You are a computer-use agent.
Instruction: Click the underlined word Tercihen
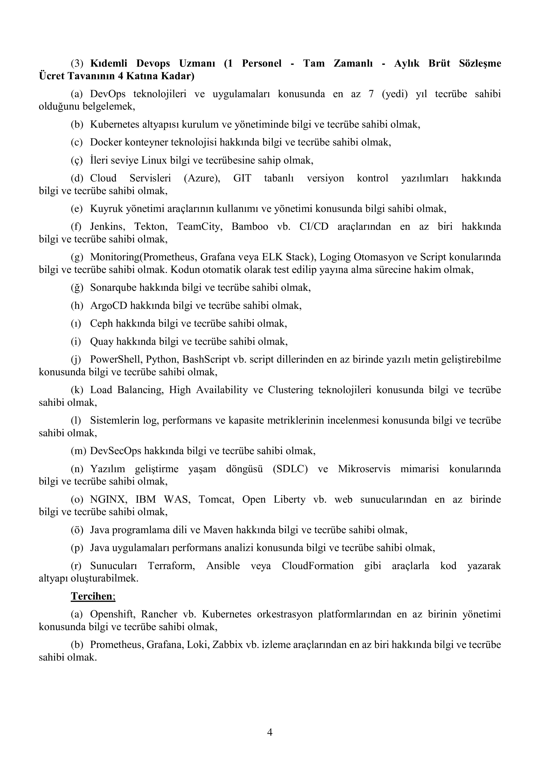92,596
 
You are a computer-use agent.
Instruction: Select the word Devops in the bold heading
153,63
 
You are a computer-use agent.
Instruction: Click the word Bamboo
250,226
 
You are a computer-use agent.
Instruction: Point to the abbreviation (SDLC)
290,469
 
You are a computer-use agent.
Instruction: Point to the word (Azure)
202,178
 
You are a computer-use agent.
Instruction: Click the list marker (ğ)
77,287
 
